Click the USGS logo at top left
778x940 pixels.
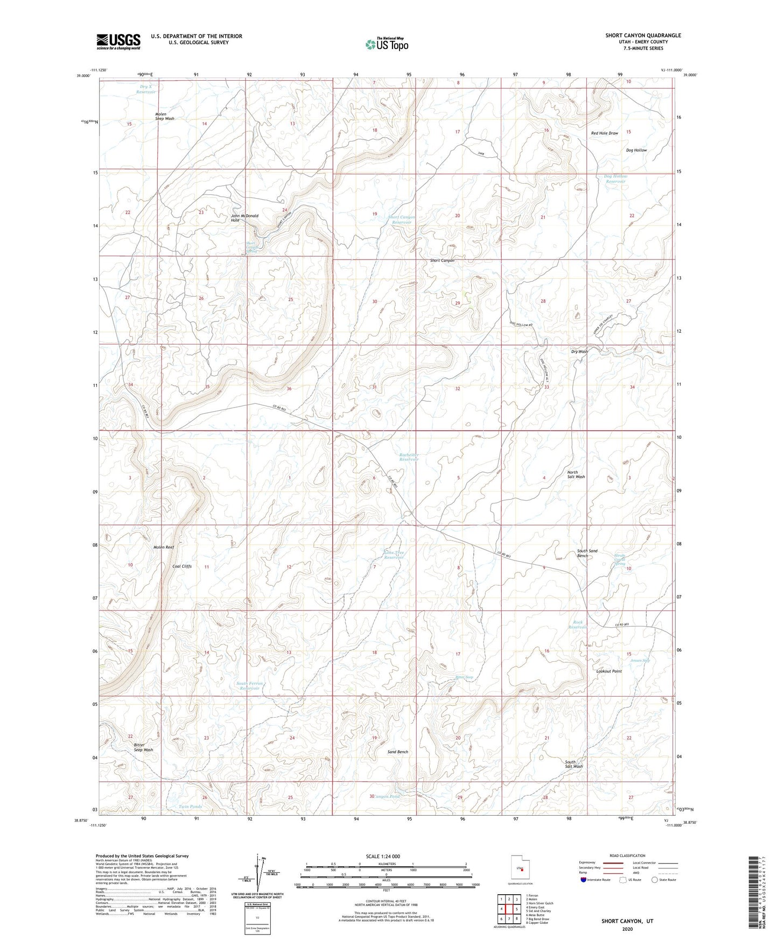click(118, 41)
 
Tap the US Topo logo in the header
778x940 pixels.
click(386, 44)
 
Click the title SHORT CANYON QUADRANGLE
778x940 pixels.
click(643, 36)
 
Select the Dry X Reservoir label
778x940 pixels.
click(146, 89)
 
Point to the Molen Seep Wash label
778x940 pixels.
click(165, 116)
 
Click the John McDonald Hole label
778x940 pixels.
click(244, 218)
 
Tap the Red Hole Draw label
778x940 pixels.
click(604, 133)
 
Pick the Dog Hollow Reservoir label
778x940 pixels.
click(615, 179)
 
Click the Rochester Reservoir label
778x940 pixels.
click(409, 457)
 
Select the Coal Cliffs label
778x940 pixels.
click(182, 566)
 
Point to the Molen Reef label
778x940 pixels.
click(164, 547)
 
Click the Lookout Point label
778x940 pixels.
click(609, 671)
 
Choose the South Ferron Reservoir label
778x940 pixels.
click(250, 686)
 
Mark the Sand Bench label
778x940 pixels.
click(398, 752)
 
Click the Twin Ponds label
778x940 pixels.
click(190, 806)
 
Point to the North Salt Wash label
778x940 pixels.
click(576, 474)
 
